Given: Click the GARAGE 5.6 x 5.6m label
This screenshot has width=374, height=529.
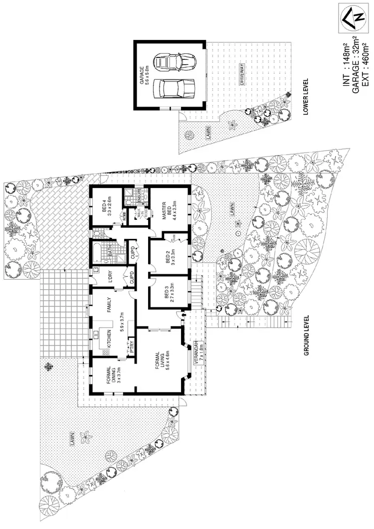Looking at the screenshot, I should pos(145,76).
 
